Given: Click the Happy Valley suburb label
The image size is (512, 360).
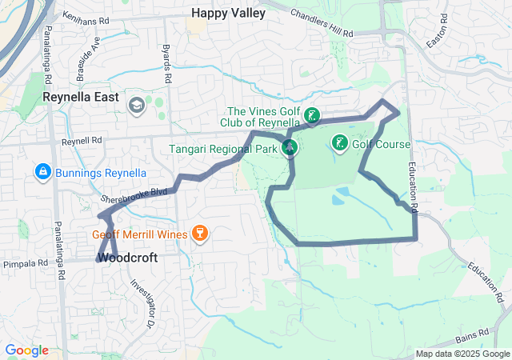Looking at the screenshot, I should pyautogui.click(x=223, y=13).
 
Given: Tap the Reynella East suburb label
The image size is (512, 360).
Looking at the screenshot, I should pyautogui.click(x=80, y=97).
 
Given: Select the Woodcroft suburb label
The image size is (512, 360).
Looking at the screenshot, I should pyautogui.click(x=127, y=258).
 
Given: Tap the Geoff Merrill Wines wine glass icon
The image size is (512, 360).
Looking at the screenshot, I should pyautogui.click(x=199, y=234).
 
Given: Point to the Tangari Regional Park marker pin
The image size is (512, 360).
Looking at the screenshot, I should pyautogui.click(x=290, y=147).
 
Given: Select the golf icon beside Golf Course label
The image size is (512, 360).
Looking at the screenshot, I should pyautogui.click(x=339, y=144).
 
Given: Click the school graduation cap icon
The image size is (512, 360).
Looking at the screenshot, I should pyautogui.click(x=136, y=105).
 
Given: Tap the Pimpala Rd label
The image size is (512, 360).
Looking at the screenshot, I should pyautogui.click(x=26, y=262).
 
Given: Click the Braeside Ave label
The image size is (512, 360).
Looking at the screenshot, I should pyautogui.click(x=86, y=63).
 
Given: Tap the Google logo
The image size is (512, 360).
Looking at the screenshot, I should pyautogui.click(x=26, y=350).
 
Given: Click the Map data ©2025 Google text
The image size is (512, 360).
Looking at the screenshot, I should pyautogui.click(x=462, y=354).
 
